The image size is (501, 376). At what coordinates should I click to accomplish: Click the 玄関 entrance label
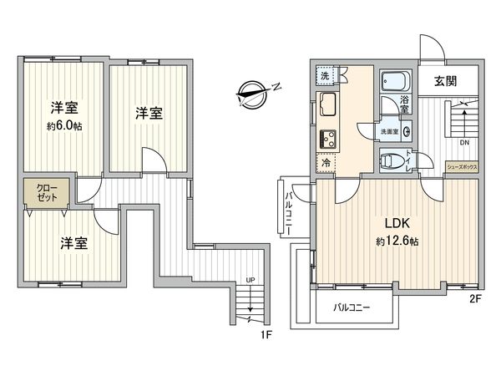(445, 82)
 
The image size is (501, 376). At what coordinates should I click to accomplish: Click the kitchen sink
(326, 108)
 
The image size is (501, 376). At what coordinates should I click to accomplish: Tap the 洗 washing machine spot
(326, 76)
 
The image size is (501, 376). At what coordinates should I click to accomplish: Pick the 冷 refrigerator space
(326, 164)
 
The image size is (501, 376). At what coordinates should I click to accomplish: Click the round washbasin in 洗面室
(406, 131)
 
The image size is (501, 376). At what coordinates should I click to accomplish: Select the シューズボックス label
(463, 166)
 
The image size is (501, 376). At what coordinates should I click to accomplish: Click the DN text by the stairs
(465, 141)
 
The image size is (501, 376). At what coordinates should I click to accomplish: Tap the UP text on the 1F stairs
(250, 281)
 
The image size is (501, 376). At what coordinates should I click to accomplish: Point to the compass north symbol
(256, 91)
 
